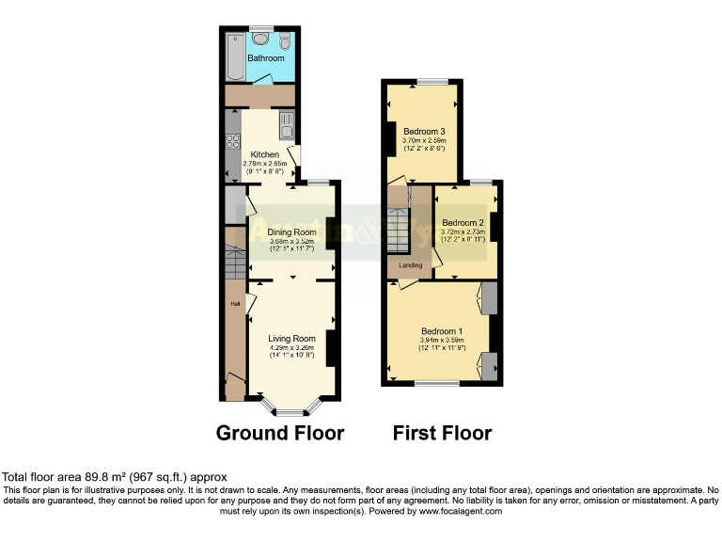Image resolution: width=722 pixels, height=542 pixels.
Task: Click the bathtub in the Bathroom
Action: pos(234,56)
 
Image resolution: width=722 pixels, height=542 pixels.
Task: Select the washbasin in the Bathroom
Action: pos(259,40)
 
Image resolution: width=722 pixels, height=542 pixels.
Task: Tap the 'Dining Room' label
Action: pos(291,231)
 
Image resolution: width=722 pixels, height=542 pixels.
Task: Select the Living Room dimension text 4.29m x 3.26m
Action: pos(290,347)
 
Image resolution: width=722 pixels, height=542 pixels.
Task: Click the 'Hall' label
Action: pos(234,304)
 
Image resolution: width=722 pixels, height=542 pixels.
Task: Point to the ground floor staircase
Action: pos(234,263)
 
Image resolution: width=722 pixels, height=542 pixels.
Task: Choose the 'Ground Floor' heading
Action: pos(280,434)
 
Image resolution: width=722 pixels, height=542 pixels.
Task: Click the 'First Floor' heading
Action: pos(442,434)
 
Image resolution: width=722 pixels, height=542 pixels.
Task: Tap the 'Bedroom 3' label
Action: pos(424,130)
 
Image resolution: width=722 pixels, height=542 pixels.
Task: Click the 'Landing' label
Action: pos(410,265)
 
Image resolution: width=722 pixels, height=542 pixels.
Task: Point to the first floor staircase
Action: pos(400,231)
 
